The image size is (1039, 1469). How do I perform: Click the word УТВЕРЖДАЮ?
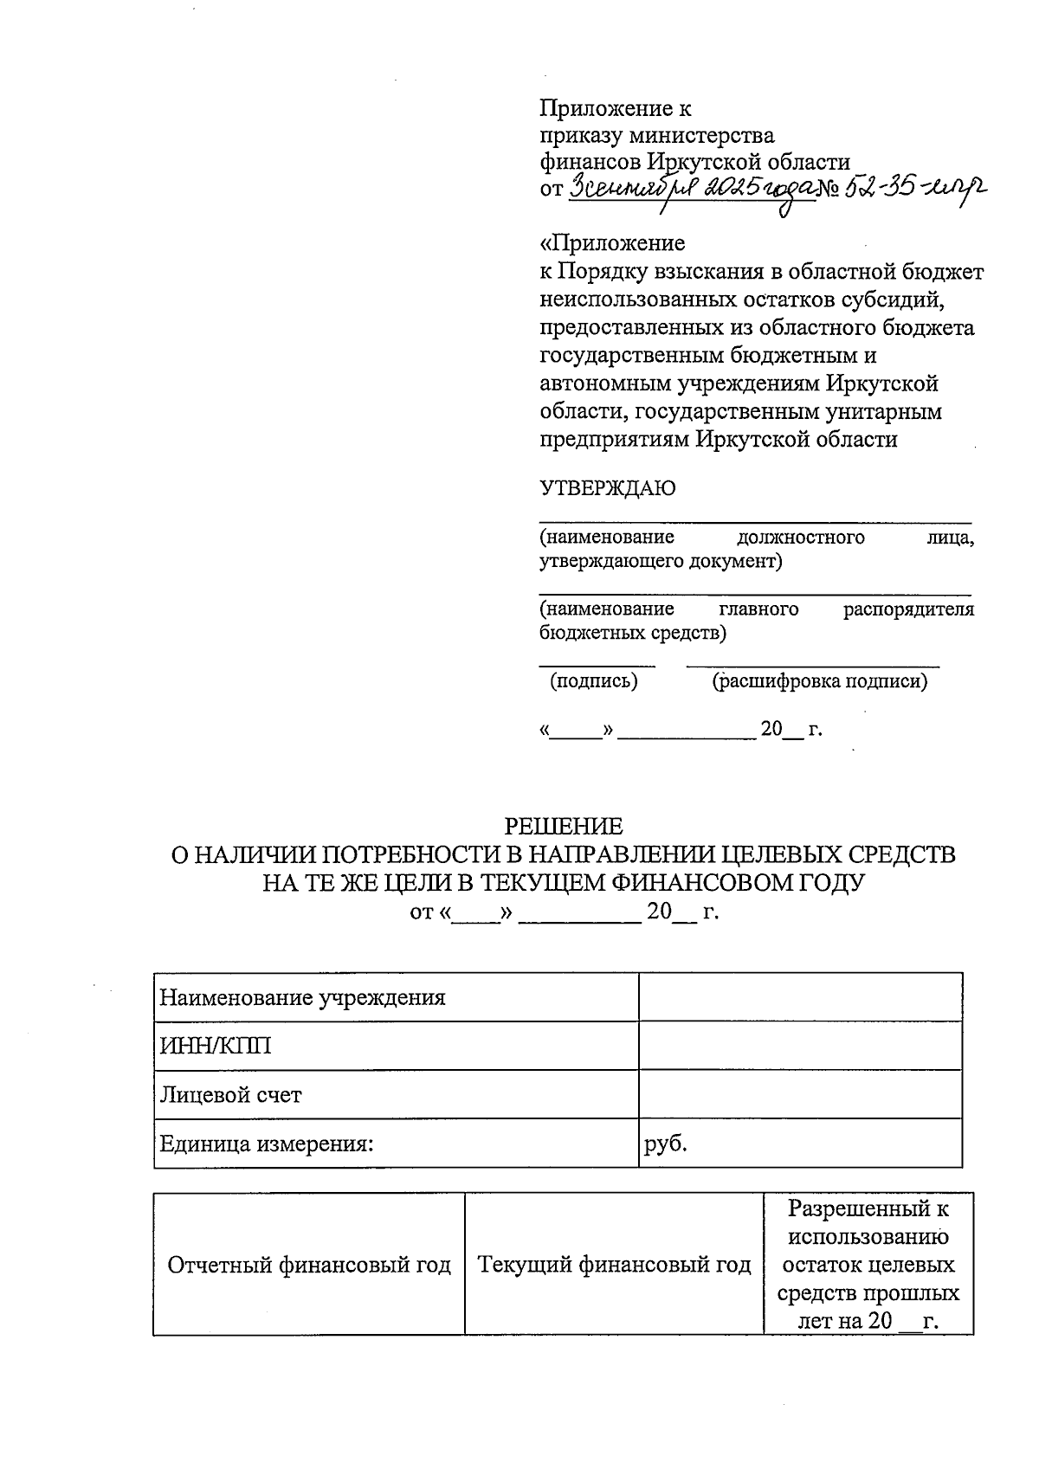[x=607, y=488]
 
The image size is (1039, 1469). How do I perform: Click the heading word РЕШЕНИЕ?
[x=564, y=826]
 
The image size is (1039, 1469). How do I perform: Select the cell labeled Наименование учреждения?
[x=303, y=997]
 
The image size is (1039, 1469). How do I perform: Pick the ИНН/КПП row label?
[x=216, y=1046]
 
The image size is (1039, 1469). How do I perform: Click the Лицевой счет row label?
[x=230, y=1094]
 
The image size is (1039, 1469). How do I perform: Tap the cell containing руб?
[x=666, y=1144]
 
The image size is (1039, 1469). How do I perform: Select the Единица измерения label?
[x=267, y=1144]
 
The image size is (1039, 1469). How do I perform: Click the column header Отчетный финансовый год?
[x=309, y=1265]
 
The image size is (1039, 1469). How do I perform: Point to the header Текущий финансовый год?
[x=614, y=1265]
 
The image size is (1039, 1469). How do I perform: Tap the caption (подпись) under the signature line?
[x=594, y=681]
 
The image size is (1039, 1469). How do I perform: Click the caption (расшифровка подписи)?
[x=819, y=681]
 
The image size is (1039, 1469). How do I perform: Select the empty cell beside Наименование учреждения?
[x=800, y=997]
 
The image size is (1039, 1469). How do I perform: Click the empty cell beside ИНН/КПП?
[x=800, y=1046]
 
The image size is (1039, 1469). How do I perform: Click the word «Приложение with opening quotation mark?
[x=612, y=242]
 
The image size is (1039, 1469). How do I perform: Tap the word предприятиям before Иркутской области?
[x=615, y=439]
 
